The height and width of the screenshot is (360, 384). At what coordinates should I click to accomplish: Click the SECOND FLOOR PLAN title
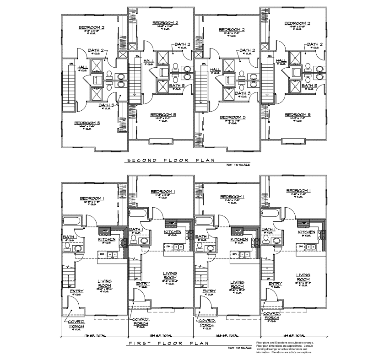tap(170, 161)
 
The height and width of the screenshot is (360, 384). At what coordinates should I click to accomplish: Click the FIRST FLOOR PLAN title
tap(169, 343)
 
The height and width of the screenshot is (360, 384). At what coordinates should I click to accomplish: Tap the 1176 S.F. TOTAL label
tap(94, 336)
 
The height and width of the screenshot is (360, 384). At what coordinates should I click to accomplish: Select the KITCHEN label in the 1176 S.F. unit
tap(106, 239)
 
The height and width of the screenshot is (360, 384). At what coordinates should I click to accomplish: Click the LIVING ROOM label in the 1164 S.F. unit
tap(303, 277)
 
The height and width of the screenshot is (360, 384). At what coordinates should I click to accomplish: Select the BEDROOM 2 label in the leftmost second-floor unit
tap(92, 27)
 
